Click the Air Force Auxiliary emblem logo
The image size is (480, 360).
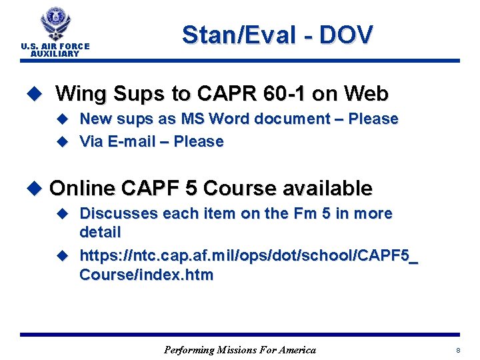55,23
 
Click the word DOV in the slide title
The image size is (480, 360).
346,35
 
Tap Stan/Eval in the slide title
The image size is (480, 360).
234,35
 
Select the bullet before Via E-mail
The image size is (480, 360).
63,141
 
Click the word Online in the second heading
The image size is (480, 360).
82,189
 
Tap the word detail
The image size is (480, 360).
100,233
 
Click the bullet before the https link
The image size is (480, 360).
63,255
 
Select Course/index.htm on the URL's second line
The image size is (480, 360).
147,275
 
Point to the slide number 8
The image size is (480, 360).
458,350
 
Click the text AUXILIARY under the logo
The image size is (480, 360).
55,54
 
